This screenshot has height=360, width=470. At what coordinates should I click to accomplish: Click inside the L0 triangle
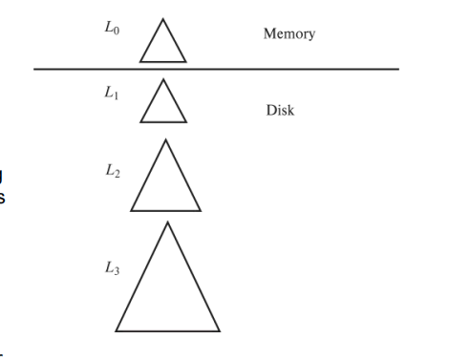[x=162, y=48]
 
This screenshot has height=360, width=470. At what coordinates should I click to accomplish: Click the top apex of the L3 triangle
[x=167, y=222]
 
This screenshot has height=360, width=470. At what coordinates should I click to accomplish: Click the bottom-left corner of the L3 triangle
[x=115, y=330]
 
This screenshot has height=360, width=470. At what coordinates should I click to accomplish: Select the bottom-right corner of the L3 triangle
[x=220, y=330]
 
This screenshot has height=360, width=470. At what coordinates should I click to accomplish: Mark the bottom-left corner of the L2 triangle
[x=131, y=210]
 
